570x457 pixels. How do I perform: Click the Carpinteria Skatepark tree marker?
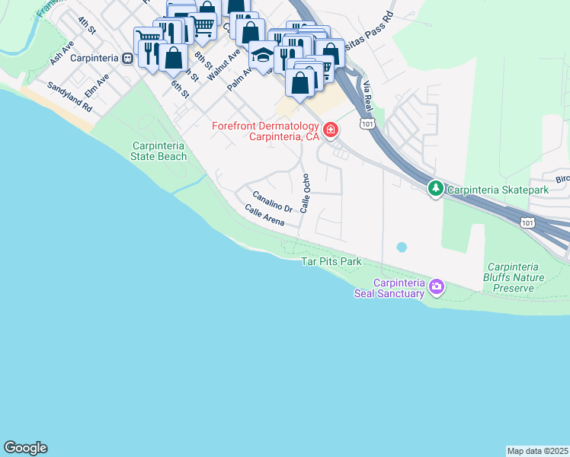[x=435, y=188]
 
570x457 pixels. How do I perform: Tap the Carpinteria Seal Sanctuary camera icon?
[x=437, y=286]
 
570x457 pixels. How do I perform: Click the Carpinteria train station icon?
[x=128, y=57]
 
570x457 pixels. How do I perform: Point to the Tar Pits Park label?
[x=331, y=262]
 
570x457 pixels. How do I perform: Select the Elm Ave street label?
[x=97, y=85]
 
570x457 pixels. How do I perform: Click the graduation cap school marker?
[x=262, y=56]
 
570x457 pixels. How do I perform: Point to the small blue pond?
[x=402, y=248]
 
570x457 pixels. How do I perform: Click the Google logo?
[x=25, y=448]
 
